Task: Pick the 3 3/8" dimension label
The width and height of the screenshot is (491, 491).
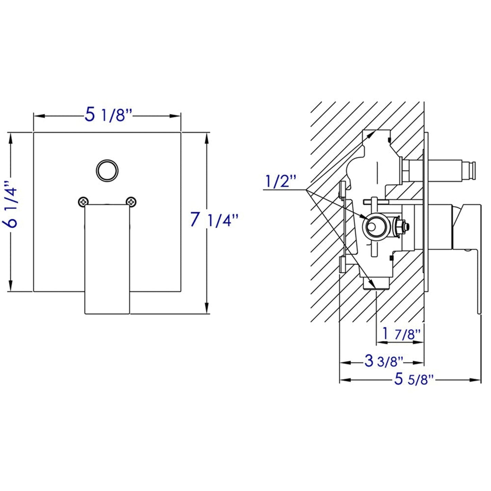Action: coord(384,361)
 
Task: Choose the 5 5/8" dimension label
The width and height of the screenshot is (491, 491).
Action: coord(414,379)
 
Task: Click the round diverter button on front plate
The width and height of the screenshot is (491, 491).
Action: coord(107,170)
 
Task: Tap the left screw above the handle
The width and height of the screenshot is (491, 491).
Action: coord(83,202)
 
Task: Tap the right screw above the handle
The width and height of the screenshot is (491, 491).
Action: coord(131,202)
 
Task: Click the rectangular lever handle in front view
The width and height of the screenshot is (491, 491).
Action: coord(107,258)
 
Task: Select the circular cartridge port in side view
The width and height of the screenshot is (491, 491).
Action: coord(373,226)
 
